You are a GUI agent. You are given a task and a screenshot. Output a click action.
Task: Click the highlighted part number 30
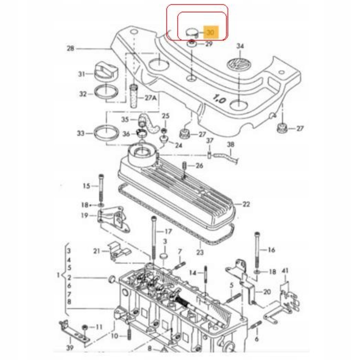click(x=211, y=32)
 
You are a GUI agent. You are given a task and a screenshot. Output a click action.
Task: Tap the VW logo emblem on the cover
click(x=239, y=64)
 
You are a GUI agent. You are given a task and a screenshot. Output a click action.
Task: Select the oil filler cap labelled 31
click(x=106, y=71)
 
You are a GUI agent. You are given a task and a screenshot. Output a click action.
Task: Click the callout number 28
click(x=71, y=49)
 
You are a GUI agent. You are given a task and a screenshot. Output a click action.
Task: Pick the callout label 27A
click(x=151, y=98)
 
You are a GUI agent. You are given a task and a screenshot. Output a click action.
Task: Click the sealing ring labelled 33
click(x=107, y=133)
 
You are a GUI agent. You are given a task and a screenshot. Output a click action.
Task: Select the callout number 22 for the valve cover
click(x=246, y=204)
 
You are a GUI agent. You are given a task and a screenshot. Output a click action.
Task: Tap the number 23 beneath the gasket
click(x=200, y=252)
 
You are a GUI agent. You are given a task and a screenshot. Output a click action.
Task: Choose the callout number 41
click(x=285, y=271)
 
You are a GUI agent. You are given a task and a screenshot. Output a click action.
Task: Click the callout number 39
click(x=70, y=347)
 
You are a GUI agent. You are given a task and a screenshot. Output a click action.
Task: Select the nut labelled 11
click(x=85, y=327)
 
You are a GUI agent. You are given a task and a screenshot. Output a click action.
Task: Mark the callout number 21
click(x=96, y=251)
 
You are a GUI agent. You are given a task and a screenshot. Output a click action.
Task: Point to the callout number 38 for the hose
click(x=231, y=144)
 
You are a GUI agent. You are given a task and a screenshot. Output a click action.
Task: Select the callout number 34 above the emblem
click(x=240, y=46)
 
